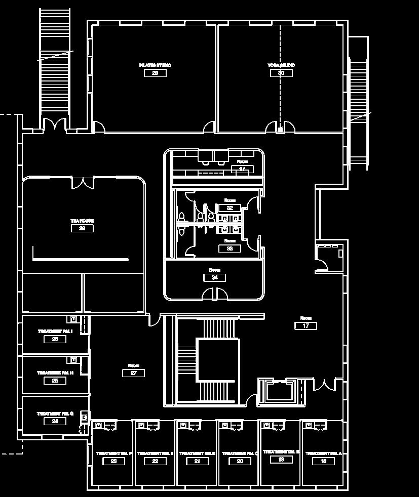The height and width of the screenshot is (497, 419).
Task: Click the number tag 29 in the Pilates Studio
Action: coord(155,73)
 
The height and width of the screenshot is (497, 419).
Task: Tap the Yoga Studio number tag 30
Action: coord(281,73)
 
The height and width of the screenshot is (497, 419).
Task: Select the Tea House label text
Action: coord(82,221)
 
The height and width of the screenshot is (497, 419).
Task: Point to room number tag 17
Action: coord(306,326)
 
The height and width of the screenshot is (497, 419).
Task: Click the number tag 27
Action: coord(134,373)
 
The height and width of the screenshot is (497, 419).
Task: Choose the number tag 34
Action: coord(214,277)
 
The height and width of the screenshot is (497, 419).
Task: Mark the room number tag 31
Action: coord(242,169)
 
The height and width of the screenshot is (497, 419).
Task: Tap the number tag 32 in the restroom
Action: coord(230,208)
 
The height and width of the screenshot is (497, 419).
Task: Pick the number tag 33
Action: coord(230,248)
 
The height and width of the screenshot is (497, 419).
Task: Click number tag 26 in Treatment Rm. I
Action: coord(55,339)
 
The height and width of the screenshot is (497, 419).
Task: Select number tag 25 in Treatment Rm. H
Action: coord(55,381)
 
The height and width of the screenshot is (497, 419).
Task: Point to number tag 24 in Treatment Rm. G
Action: coord(55,421)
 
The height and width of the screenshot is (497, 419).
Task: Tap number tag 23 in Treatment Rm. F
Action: coord(113,461)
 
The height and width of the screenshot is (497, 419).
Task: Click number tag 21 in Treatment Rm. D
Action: coord(198,461)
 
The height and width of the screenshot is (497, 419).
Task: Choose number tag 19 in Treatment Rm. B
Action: coord(281,460)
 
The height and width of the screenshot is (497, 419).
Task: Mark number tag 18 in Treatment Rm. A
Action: coord(323,461)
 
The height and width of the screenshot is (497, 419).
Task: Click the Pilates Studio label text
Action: coord(155,65)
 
